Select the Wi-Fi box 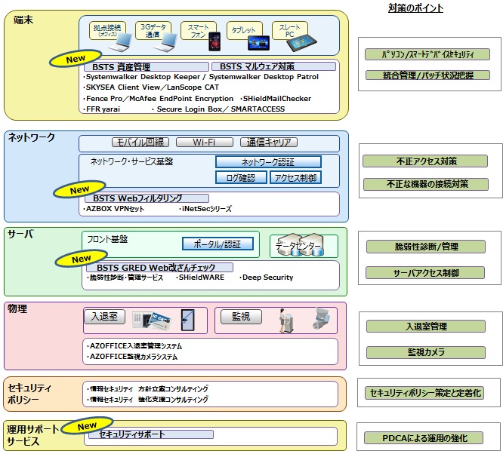click(x=204, y=142)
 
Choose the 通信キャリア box click(x=268, y=142)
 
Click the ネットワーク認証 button click(x=268, y=161)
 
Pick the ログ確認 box click(x=241, y=177)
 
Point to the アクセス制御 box click(x=295, y=177)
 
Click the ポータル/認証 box click(x=218, y=244)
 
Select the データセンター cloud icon click(x=298, y=246)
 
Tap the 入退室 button click(x=103, y=317)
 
